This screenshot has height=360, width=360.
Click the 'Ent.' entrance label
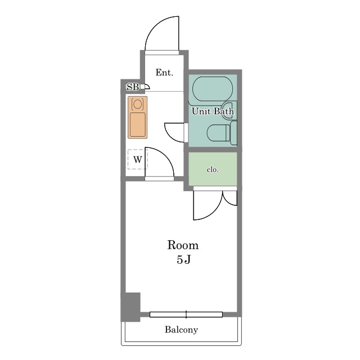tap(164, 73)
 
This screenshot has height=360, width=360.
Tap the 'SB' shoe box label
tap(133, 87)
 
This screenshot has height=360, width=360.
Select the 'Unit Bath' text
tap(213, 111)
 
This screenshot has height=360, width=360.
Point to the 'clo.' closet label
tap(213, 170)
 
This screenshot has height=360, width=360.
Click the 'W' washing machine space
tap(137, 159)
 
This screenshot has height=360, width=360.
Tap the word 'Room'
tap(183, 245)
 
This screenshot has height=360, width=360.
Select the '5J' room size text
tap(184, 260)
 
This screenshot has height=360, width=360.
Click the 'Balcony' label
tap(181, 330)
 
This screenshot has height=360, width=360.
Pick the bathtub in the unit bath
tap(213, 89)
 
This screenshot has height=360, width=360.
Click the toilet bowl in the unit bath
tap(217, 133)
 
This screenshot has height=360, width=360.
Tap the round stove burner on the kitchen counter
tap(137, 104)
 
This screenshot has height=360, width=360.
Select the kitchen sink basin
tap(137, 124)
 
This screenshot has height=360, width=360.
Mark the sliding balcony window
tap(186, 314)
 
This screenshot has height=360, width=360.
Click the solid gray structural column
tap(130, 307)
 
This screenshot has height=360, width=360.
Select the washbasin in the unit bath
tap(229, 110)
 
